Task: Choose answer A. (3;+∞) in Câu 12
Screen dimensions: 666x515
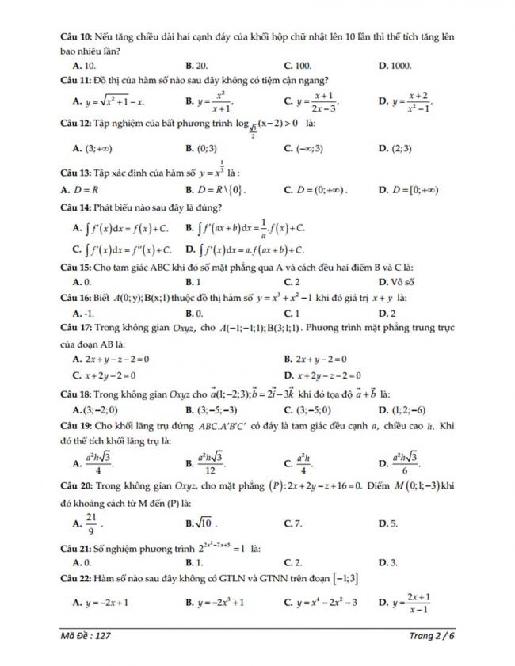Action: (x=92, y=147)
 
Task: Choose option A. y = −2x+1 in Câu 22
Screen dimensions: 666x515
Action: (x=101, y=603)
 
